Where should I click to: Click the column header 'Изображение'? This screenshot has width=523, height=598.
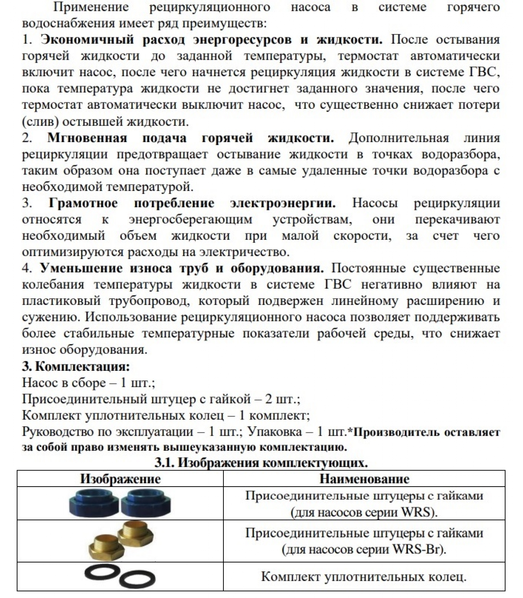pos(120,479)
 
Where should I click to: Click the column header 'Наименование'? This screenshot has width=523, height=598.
pos(364,479)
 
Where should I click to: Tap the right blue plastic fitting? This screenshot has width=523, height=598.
pos(146,503)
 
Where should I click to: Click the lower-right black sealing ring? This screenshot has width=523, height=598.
pos(137,581)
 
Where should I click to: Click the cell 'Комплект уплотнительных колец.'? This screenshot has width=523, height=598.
pos(364,576)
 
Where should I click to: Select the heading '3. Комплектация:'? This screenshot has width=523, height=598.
pos(76,366)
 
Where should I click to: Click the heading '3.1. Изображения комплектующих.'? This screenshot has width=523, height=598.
pos(261,463)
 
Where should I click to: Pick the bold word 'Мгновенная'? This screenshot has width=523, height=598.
pos(87,138)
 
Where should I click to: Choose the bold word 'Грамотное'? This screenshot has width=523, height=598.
pos(83,203)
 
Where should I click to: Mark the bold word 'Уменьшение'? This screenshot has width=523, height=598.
pos(81,268)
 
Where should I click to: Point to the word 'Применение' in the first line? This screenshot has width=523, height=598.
pos(91,7)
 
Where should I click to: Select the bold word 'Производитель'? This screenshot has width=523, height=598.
pos(394,432)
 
